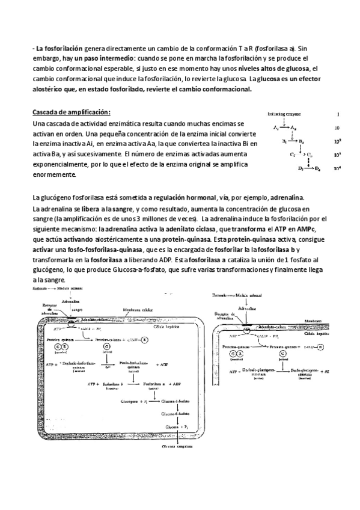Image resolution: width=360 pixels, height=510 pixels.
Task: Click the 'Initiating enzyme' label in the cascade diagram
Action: [286, 114]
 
